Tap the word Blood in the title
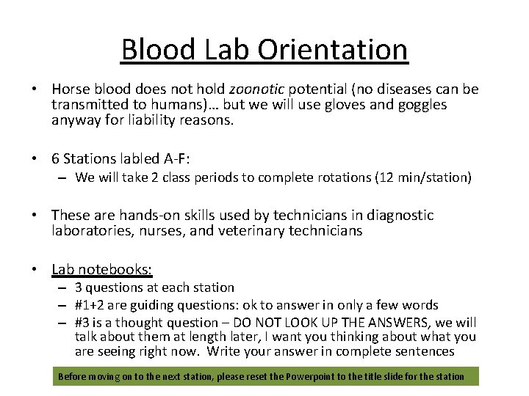click(156, 50)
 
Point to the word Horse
click(71, 89)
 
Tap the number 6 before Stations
click(56, 158)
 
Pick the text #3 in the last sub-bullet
click(83, 323)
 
